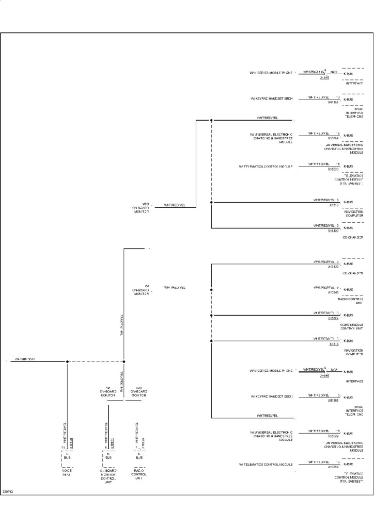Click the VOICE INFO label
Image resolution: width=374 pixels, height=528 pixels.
(66, 472)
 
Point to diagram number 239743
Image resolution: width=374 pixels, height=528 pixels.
(7, 492)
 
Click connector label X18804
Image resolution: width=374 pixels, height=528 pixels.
(333, 318)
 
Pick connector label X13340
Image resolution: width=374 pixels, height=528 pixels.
(333, 292)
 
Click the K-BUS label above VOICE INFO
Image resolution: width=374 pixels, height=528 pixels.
(67, 456)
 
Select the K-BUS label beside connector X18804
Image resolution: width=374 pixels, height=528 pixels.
(348, 315)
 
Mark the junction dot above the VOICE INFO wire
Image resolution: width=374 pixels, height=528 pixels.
(67, 361)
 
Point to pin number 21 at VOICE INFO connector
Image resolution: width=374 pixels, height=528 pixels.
(62, 448)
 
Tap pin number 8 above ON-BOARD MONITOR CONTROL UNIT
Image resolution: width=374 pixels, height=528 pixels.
(105, 448)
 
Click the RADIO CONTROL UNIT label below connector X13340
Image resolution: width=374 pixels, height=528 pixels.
(351, 301)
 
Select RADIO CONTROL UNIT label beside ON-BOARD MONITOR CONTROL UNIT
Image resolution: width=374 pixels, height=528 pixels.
(138, 474)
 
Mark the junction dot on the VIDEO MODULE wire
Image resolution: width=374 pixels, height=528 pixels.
(211, 315)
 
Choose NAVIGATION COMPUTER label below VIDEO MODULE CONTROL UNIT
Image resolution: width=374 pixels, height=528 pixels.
(353, 352)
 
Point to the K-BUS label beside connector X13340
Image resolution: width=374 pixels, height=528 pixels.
(348, 289)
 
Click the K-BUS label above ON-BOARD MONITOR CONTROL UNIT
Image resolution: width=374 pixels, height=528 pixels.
(108, 456)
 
